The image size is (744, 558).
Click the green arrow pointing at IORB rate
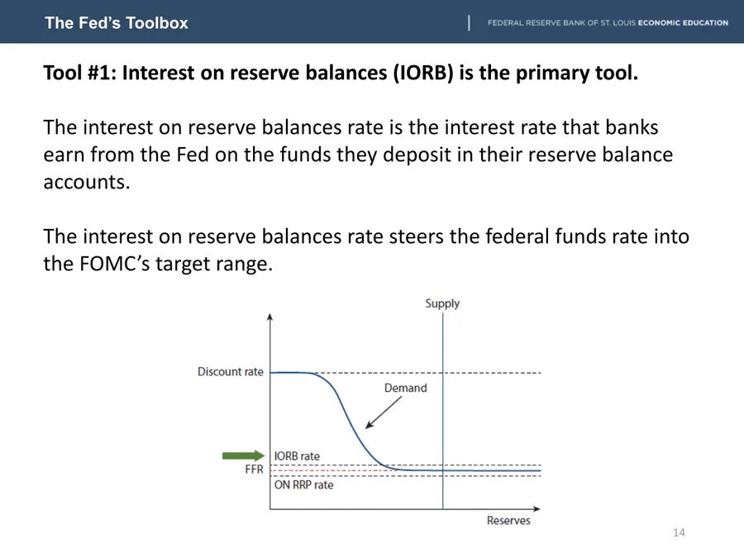[243, 455]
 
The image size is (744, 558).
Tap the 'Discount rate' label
[230, 371]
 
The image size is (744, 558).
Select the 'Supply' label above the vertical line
[442, 303]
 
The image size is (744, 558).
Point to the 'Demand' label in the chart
[406, 389]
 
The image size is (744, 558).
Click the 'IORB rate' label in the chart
[297, 456]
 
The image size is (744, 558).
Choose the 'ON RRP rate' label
[303, 485]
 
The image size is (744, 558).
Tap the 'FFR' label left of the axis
[254, 470]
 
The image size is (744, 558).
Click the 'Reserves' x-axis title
[508, 521]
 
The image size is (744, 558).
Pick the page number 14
[679, 533]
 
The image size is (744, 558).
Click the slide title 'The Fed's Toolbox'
[117, 23]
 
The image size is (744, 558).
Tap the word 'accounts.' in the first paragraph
[86, 182]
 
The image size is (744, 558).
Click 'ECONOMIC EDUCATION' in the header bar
[683, 23]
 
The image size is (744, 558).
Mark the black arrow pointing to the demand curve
[384, 413]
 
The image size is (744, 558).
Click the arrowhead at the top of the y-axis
[270, 317]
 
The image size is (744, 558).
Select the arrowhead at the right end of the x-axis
[537, 508]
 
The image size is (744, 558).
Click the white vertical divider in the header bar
[469, 23]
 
